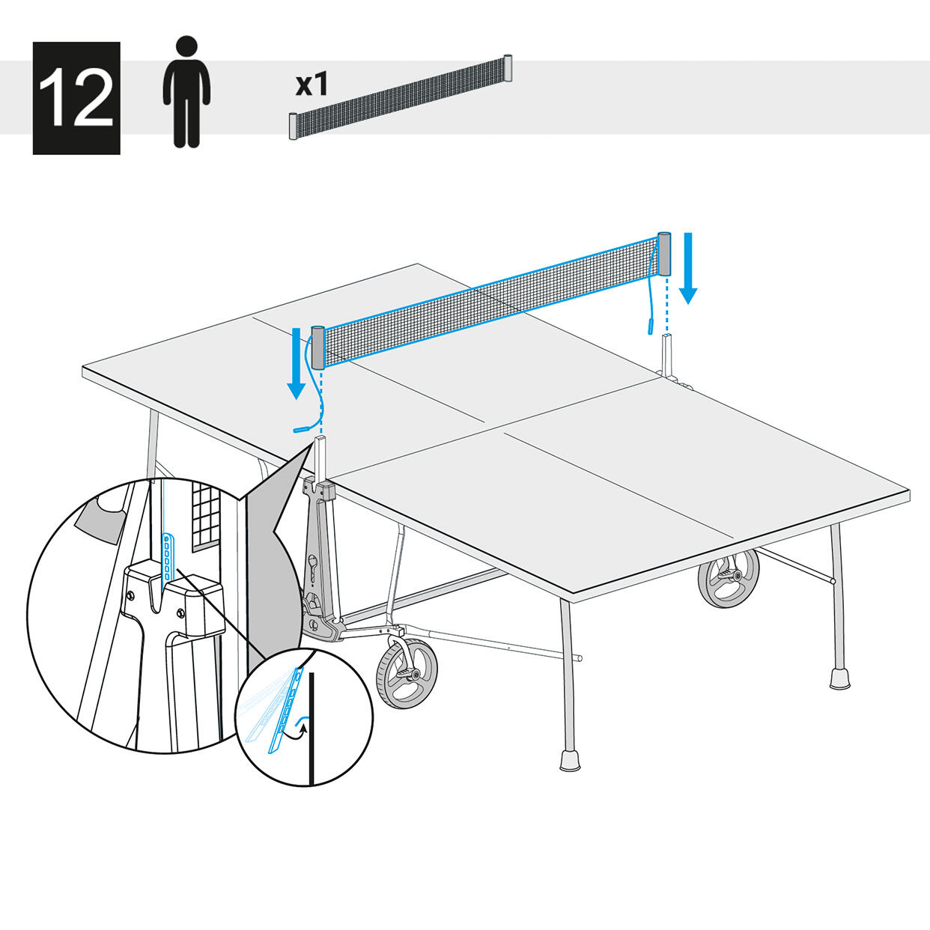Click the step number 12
click(76, 98)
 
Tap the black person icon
click(186, 91)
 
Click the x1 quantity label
click(311, 84)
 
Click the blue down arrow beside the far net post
click(688, 268)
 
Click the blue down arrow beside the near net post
click(297, 363)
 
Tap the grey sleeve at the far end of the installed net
click(665, 254)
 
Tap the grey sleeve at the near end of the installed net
click(318, 347)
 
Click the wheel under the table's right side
click(729, 577)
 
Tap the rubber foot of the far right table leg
click(840, 678)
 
